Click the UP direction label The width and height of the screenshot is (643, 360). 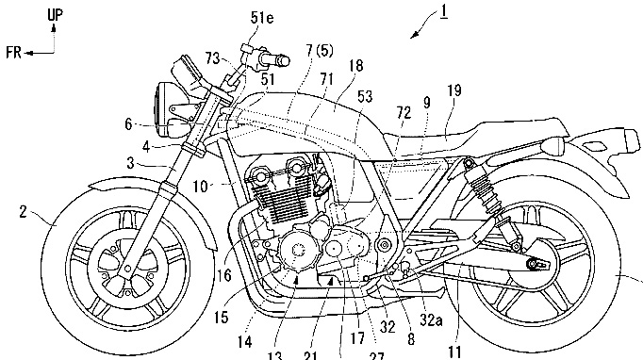click(x=55, y=15)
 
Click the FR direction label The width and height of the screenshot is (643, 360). click(x=13, y=53)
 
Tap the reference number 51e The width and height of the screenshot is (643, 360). click(x=262, y=18)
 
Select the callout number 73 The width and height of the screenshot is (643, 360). click(x=213, y=58)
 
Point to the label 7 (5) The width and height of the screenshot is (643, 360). click(x=320, y=51)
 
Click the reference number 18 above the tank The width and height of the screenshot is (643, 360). click(x=355, y=66)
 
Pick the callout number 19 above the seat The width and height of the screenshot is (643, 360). click(x=453, y=90)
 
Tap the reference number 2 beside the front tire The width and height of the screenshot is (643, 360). click(x=24, y=212)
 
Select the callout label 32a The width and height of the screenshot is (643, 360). click(x=431, y=319)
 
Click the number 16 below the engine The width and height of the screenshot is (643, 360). click(x=223, y=275)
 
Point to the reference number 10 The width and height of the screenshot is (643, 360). click(x=201, y=187)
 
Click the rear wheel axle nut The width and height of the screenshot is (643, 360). click(x=533, y=264)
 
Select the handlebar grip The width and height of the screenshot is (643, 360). click(x=278, y=60)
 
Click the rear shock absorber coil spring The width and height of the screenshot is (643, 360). click(x=485, y=193)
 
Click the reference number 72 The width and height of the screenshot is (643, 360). click(x=404, y=113)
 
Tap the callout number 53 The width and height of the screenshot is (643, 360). click(x=365, y=96)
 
